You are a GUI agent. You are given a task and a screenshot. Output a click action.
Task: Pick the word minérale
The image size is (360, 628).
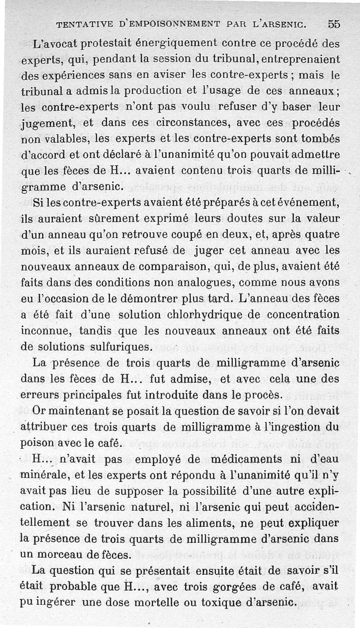pos(43,474)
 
